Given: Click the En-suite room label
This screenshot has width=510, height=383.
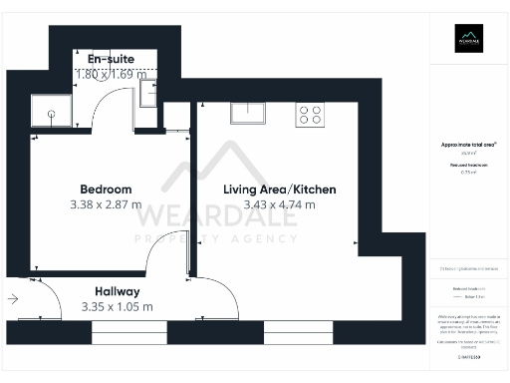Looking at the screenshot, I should click(x=110, y=60).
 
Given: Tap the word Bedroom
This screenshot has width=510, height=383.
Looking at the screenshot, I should click(x=106, y=189).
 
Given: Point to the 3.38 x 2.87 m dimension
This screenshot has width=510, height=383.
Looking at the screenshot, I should click(x=106, y=205).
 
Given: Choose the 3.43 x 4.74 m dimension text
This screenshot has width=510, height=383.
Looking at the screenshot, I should click(x=280, y=205).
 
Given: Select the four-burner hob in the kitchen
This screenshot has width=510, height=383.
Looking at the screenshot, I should click(x=309, y=114).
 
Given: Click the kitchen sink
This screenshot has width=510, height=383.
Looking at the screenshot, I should click(x=247, y=112).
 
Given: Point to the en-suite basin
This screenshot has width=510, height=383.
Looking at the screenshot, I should click(x=147, y=94).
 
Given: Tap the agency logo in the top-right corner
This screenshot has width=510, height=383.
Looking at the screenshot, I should click(x=468, y=41).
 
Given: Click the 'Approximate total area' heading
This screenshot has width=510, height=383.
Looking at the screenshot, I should click(x=468, y=145).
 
